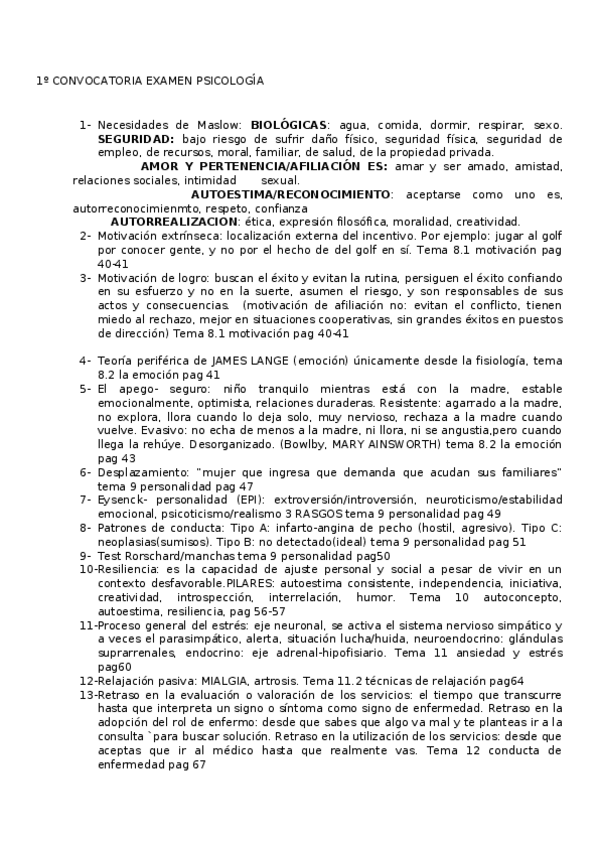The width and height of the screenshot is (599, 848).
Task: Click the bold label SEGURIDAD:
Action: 136,138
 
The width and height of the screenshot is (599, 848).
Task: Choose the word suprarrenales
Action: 136,653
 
